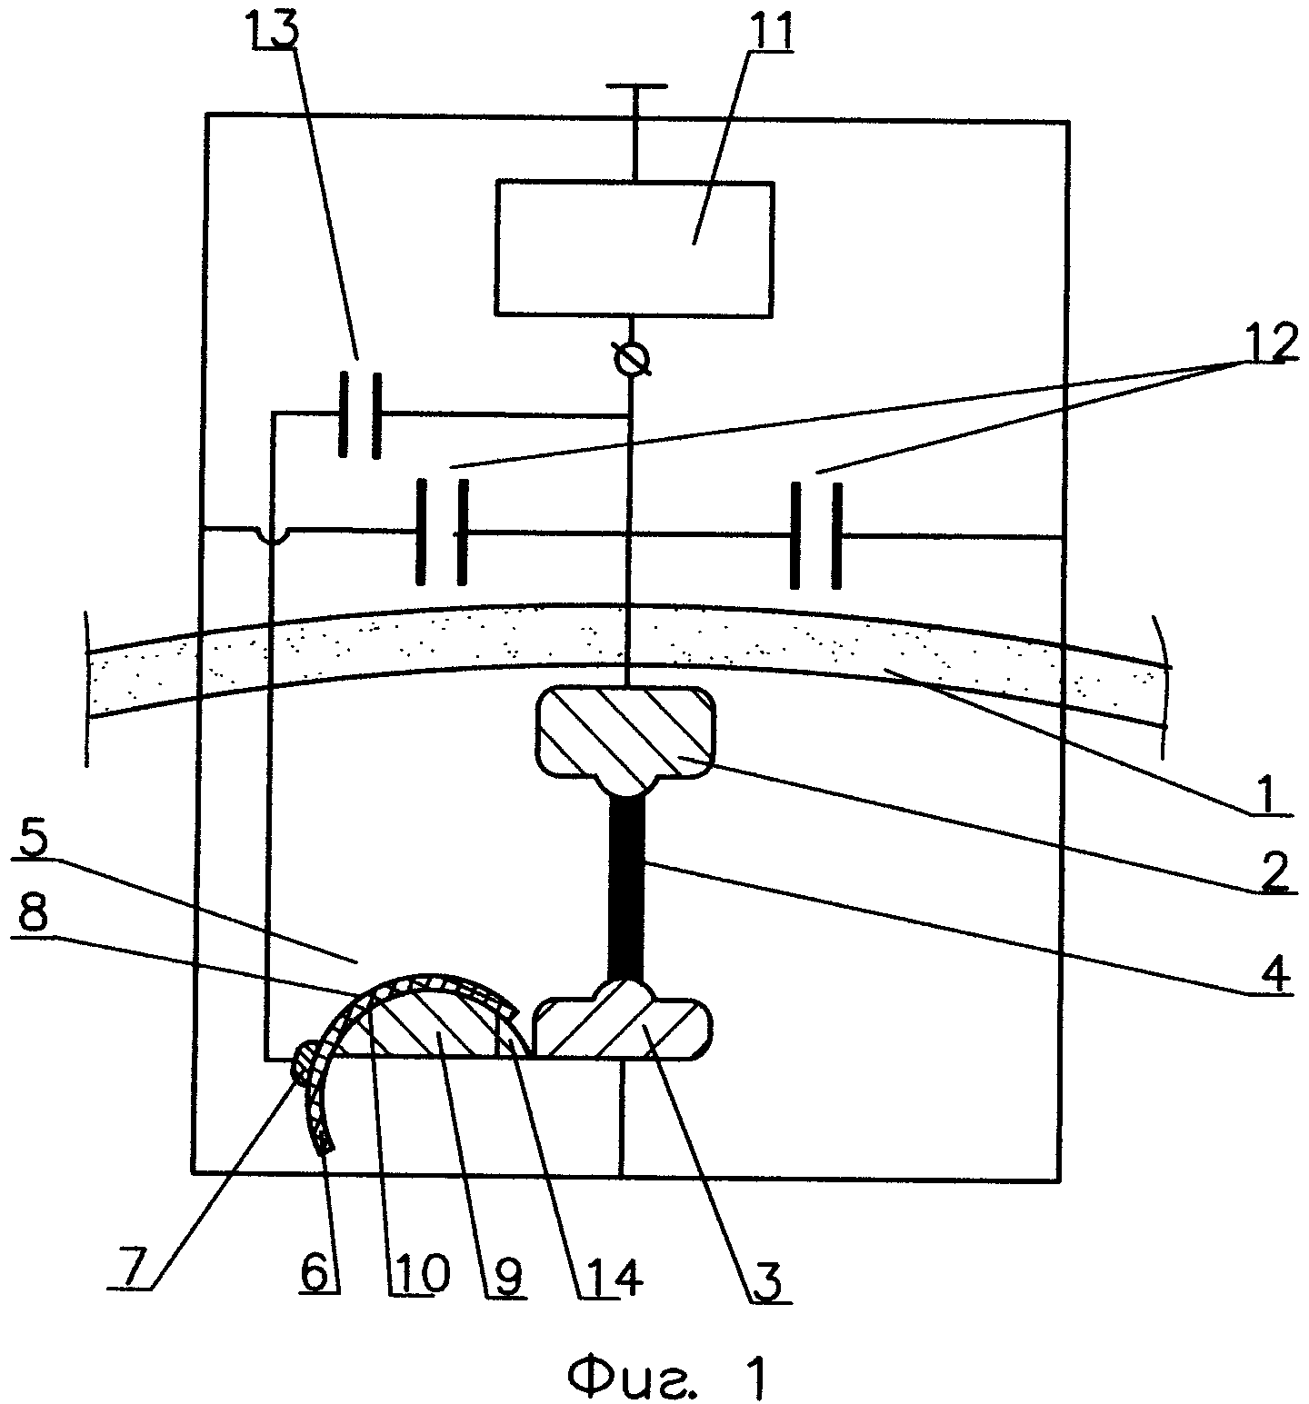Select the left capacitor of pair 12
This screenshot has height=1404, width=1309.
coord(443,532)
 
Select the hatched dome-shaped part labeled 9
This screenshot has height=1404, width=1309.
coord(436,1020)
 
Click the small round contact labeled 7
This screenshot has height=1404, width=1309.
coord(305,1061)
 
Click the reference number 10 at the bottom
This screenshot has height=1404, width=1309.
coord(420,1276)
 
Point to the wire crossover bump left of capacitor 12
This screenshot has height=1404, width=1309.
coord(271,536)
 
